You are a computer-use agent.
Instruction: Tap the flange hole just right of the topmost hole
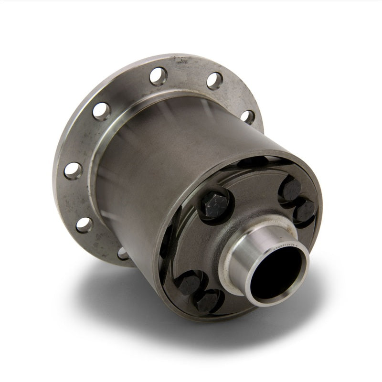pyautogui.click(x=214, y=81)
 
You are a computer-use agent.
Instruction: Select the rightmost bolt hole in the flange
pyautogui.click(x=247, y=117)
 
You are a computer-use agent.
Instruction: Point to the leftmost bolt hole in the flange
pyautogui.click(x=73, y=170)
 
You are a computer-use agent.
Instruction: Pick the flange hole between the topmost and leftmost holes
pyautogui.click(x=101, y=111)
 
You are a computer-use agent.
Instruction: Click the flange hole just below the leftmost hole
pyautogui.click(x=84, y=224)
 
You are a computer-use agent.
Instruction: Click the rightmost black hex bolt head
pyautogui.click(x=304, y=211)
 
